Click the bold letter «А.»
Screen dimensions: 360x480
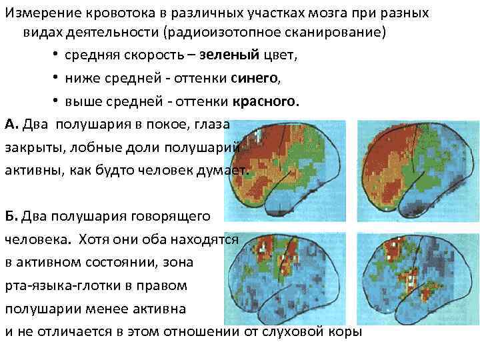[13, 125]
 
